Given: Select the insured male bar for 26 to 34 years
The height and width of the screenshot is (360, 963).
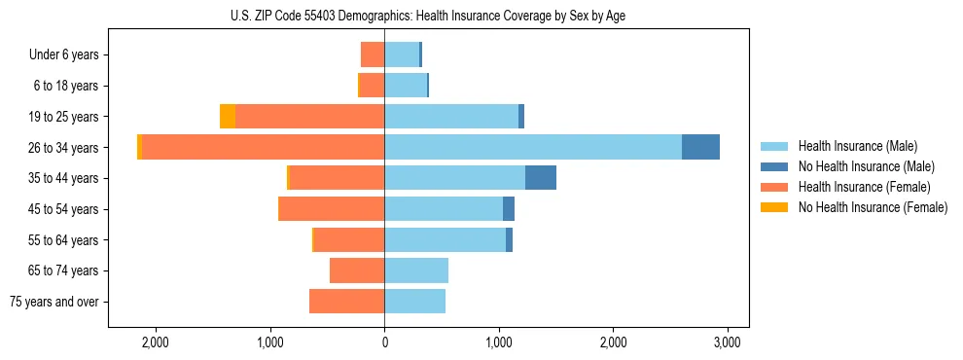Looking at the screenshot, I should [x=533, y=147].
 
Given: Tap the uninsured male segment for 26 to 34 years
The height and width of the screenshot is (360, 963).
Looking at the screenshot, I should [x=700, y=147].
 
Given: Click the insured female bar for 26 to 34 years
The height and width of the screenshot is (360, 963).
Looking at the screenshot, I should [x=263, y=147].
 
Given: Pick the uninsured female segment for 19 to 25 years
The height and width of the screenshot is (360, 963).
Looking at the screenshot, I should [x=228, y=117].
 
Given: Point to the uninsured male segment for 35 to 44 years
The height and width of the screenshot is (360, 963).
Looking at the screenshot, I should [x=541, y=178].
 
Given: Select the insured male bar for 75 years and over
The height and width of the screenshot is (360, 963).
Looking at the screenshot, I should [x=415, y=302].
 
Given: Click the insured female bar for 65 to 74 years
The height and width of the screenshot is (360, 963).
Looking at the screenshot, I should [x=357, y=270].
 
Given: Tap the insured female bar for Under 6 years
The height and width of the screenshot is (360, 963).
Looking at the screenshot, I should [x=373, y=54].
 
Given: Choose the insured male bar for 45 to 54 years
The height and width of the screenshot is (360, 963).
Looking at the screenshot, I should [x=444, y=208].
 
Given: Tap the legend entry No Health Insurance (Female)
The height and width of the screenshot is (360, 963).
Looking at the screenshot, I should [x=873, y=207].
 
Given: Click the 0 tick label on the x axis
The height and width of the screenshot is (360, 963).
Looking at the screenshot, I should [x=384, y=342].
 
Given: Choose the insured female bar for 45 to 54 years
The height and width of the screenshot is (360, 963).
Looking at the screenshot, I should [x=332, y=208].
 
